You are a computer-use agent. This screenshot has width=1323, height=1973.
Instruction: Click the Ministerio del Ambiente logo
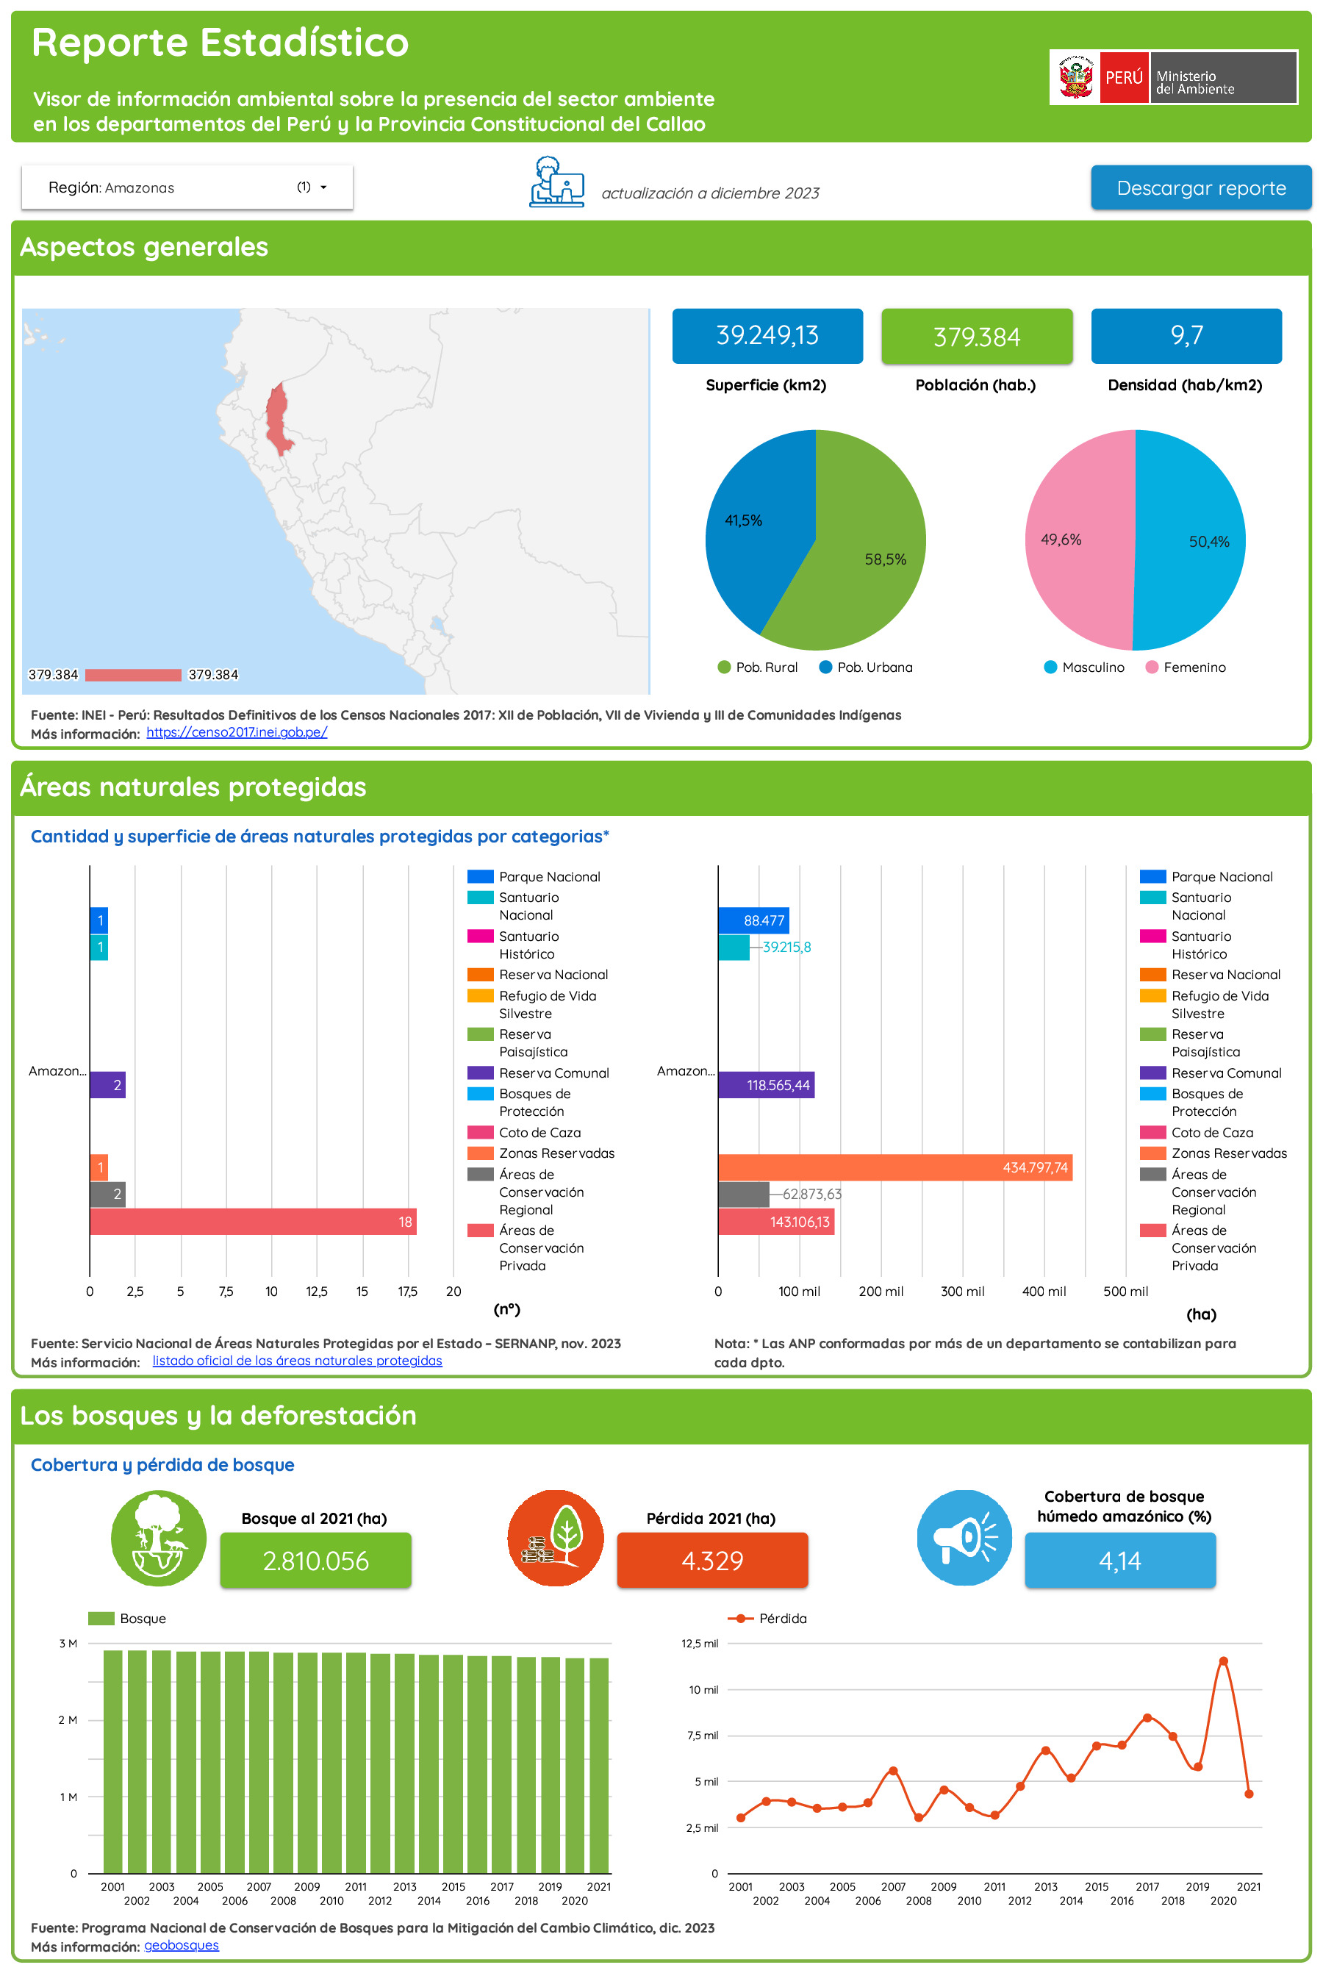(x=1173, y=78)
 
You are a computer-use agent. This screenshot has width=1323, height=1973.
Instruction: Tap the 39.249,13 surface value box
(x=767, y=336)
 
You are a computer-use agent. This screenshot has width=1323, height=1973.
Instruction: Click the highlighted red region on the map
(x=277, y=418)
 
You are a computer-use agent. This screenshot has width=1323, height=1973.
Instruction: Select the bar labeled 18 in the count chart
(x=252, y=1221)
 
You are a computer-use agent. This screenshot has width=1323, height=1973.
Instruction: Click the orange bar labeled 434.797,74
(x=894, y=1167)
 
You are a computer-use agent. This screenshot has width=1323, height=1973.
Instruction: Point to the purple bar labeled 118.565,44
(x=765, y=1085)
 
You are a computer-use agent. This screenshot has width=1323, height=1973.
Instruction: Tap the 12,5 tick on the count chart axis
(x=316, y=1291)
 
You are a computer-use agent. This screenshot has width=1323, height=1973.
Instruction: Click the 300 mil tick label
(x=962, y=1291)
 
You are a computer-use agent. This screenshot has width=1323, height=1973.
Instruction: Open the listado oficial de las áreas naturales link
(x=297, y=1361)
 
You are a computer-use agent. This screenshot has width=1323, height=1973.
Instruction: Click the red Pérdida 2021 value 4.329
(x=712, y=1561)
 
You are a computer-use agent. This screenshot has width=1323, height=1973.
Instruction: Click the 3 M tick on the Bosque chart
(x=68, y=1643)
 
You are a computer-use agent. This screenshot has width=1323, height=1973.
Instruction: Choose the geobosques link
(x=182, y=1945)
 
